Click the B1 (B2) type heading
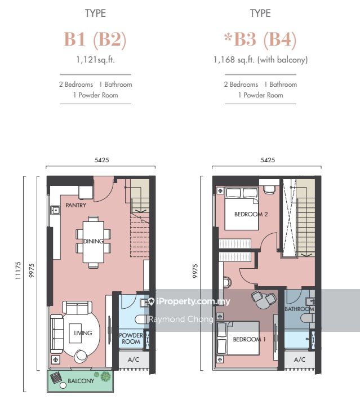click(95, 39)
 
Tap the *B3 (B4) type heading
click(260, 39)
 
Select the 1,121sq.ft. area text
click(95, 60)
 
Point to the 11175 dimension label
click(17, 270)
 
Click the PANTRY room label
click(76, 205)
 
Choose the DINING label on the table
click(94, 241)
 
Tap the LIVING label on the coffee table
click(83, 333)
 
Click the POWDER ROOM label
click(131, 339)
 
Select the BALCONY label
click(81, 381)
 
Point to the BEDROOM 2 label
click(251, 215)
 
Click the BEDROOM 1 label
click(249, 340)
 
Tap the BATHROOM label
click(299, 309)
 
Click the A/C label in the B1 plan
click(134, 359)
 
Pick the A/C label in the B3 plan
click(299, 359)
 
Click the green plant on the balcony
click(105, 376)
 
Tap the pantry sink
click(56, 211)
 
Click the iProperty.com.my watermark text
click(193, 301)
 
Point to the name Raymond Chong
click(181, 319)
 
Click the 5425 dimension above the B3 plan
click(268, 160)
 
